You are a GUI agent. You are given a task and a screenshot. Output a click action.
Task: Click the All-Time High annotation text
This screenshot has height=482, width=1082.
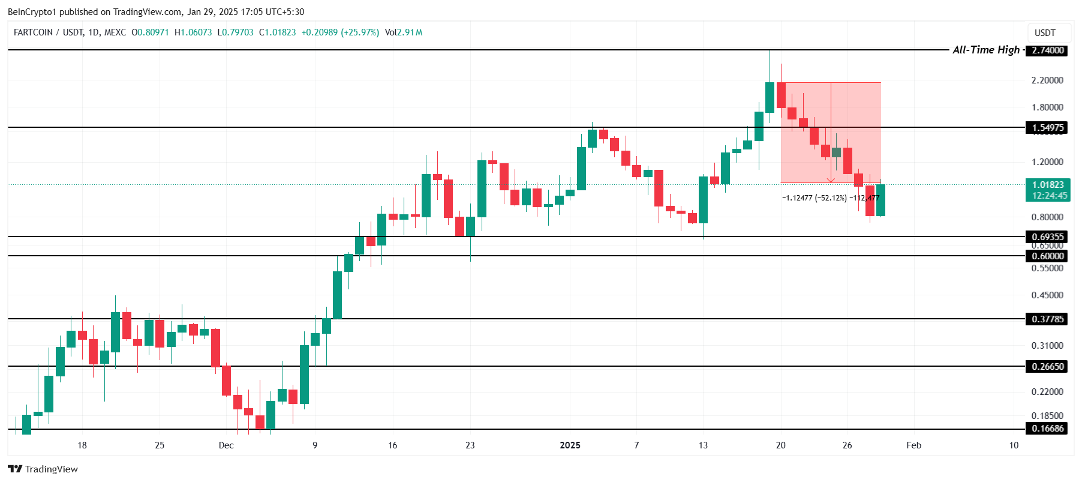(986, 50)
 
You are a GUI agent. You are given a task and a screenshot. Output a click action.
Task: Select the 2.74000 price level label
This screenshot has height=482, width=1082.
(1048, 50)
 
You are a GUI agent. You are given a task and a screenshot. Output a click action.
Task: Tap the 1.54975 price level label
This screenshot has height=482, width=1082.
(1048, 127)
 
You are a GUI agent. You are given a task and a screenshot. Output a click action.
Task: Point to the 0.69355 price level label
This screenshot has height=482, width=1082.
(1048, 236)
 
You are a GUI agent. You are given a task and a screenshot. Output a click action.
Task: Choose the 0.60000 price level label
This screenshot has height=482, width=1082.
(1048, 256)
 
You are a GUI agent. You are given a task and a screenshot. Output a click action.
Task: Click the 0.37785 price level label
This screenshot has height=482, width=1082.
(1048, 319)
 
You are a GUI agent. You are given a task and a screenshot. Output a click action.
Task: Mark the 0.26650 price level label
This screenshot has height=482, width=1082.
(1048, 366)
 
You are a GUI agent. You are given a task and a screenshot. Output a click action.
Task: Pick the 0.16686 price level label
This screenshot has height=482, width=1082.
(1048, 429)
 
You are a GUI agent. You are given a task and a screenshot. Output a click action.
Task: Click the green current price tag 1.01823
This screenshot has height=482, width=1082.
(1048, 185)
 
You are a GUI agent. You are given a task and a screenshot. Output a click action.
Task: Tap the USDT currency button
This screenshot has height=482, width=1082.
(1045, 33)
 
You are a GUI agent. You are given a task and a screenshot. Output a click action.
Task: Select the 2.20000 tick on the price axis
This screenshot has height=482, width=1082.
(1047, 80)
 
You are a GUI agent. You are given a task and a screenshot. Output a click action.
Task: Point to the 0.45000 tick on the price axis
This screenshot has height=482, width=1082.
(1047, 295)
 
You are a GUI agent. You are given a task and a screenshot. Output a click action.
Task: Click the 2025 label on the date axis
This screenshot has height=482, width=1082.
(570, 445)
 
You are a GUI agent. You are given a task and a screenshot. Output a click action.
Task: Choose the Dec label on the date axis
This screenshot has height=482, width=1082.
(226, 445)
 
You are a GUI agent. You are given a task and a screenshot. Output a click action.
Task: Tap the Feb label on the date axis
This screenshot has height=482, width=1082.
(913, 445)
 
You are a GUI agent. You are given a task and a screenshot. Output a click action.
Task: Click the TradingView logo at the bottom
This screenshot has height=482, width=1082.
(43, 469)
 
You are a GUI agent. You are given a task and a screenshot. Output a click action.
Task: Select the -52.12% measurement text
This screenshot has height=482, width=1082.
(831, 197)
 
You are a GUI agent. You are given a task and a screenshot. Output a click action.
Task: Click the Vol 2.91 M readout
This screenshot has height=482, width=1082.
(404, 32)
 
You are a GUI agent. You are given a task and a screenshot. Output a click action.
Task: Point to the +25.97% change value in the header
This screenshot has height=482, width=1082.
(360, 32)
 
